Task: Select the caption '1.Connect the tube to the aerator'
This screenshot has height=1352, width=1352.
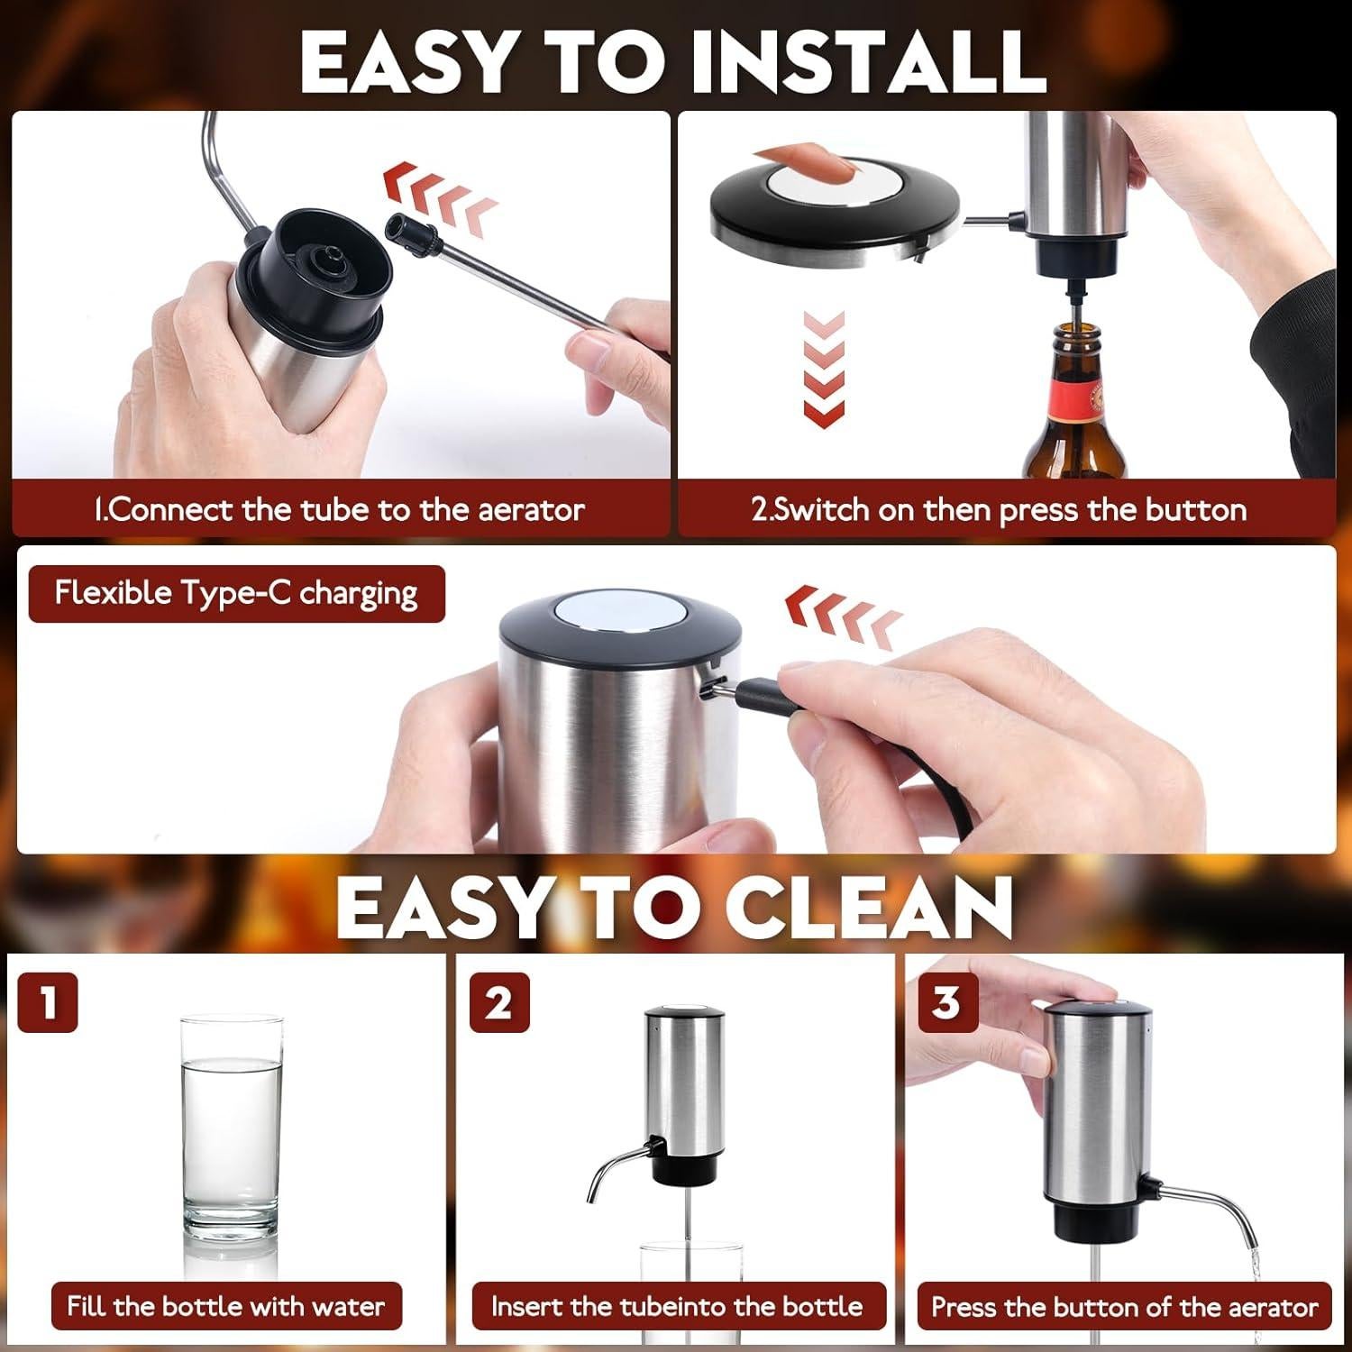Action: [x=340, y=510]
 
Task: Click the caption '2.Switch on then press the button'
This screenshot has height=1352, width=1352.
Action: [x=999, y=510]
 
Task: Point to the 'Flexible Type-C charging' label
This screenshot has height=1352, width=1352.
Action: [x=236, y=593]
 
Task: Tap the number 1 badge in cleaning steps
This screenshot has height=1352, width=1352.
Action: [x=47, y=1001]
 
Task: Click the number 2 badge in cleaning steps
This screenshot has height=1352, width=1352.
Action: [x=498, y=1001]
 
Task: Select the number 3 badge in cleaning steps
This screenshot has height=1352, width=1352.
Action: [x=946, y=1001]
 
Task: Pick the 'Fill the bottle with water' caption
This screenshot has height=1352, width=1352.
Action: [x=225, y=1306]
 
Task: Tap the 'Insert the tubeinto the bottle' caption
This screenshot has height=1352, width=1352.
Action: [x=677, y=1306]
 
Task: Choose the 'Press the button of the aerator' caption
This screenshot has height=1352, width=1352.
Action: [x=1124, y=1306]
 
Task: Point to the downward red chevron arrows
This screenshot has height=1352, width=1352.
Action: [x=824, y=370]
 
